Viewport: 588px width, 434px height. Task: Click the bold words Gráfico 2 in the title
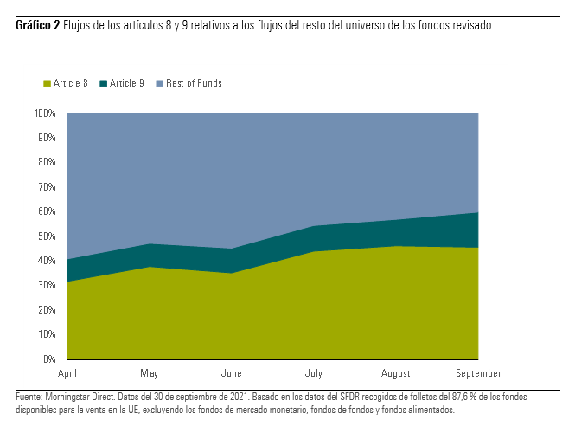tap(37, 26)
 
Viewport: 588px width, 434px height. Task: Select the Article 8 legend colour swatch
tap(47, 83)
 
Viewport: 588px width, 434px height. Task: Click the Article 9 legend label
tap(127, 83)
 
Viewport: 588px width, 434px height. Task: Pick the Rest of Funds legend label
tap(194, 83)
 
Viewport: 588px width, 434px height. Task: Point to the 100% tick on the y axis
tap(45, 113)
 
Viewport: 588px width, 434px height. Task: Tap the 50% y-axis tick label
tap(47, 236)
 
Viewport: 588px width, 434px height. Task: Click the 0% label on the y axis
tap(49, 359)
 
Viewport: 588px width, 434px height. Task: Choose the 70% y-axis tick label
tap(47, 187)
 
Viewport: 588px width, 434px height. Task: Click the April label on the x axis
tap(67, 373)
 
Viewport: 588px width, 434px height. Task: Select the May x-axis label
tap(150, 373)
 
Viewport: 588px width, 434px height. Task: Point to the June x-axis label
tap(232, 373)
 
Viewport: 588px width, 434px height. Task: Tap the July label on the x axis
tap(314, 373)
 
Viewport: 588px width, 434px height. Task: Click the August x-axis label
tap(396, 373)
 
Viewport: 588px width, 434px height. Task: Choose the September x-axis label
tap(478, 373)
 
